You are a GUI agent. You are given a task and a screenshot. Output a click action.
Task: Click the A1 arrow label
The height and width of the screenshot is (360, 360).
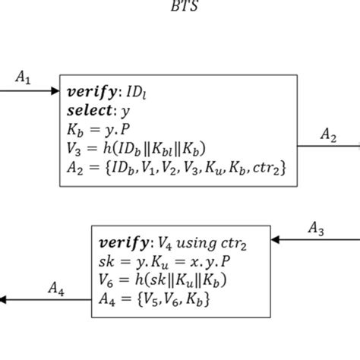pyautogui.click(x=23, y=77)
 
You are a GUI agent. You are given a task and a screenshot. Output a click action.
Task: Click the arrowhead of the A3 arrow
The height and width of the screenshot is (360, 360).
pyautogui.click(x=276, y=240)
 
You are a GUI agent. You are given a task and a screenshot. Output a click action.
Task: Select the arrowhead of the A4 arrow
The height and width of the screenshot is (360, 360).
pyautogui.click(x=5, y=300)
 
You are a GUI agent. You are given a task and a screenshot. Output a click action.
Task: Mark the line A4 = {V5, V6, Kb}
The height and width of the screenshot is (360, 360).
pyautogui.click(x=154, y=299)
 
